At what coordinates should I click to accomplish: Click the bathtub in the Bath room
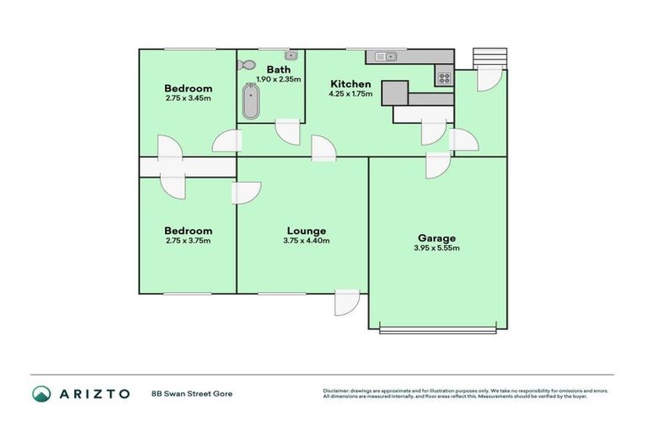[250, 103]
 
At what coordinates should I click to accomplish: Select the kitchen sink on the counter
[385, 56]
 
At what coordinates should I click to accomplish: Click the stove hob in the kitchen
[443, 78]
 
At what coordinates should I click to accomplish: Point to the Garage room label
[436, 238]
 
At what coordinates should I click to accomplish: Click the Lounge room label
[306, 231]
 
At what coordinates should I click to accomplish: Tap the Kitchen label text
[350, 84]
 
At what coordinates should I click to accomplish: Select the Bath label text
[278, 69]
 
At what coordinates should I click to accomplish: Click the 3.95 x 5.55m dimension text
[436, 248]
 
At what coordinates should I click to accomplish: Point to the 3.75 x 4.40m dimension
[306, 241]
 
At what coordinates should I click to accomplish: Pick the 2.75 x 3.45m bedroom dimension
[188, 98]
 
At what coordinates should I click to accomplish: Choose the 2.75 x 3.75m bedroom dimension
[188, 241]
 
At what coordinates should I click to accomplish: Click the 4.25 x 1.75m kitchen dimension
[350, 94]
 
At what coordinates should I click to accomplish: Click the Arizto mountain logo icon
[41, 393]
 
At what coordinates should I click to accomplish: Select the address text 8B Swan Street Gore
[191, 393]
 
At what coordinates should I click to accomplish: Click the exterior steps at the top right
[489, 57]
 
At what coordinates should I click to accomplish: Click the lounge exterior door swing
[346, 302]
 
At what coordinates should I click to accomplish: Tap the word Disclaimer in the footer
[334, 391]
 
